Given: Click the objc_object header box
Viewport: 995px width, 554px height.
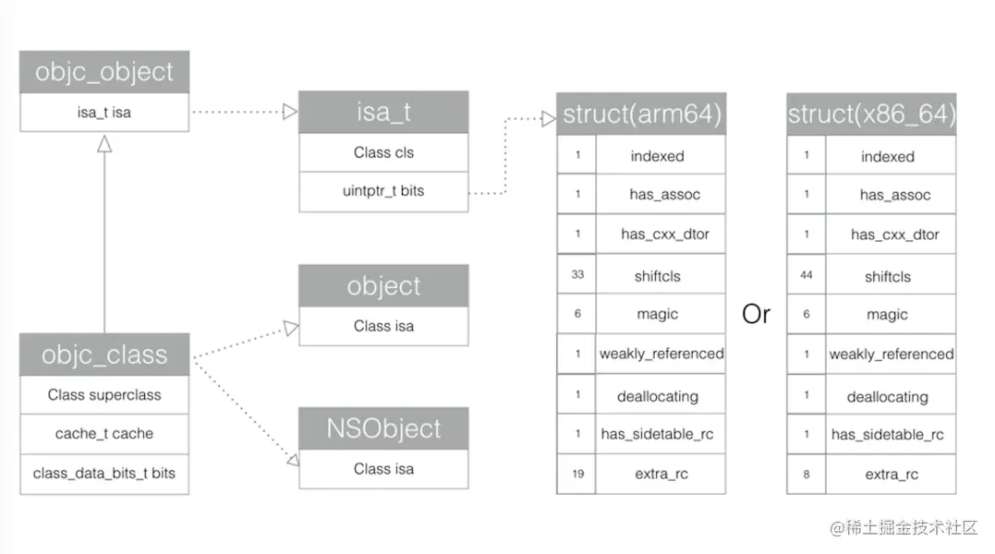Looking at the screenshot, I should [x=104, y=72].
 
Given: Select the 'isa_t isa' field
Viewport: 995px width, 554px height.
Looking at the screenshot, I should [x=104, y=113].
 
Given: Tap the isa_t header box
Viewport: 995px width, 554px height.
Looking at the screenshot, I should [x=383, y=113].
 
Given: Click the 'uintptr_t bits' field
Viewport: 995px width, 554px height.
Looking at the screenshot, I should [x=383, y=191].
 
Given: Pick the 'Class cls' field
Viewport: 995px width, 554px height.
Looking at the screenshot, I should [x=383, y=152].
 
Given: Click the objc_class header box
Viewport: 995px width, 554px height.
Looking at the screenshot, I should [x=104, y=355].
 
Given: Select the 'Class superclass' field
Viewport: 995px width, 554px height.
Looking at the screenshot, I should [x=104, y=395].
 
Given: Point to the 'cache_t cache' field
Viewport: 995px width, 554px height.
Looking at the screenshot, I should [x=104, y=434].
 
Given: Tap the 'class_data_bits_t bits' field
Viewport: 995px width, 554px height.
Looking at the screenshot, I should [x=104, y=474].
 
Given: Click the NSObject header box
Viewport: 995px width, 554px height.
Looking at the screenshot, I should [x=383, y=428].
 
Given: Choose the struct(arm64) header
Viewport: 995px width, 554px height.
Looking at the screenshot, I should [x=641, y=115].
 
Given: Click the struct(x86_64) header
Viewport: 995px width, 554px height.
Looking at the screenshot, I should [x=871, y=115].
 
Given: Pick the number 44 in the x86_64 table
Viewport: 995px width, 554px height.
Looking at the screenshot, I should [x=807, y=276].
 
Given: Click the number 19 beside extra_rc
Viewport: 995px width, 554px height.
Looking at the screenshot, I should [x=577, y=474].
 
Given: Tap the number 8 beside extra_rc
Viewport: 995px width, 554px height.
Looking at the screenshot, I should [x=807, y=474].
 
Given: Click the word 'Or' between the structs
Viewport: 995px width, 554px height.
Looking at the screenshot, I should [x=756, y=315].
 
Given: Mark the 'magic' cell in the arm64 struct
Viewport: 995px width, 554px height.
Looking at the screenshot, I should [x=658, y=315].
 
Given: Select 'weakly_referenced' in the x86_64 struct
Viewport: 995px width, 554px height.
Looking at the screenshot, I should [x=891, y=354].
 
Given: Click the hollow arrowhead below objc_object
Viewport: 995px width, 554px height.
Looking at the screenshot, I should [x=104, y=143].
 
